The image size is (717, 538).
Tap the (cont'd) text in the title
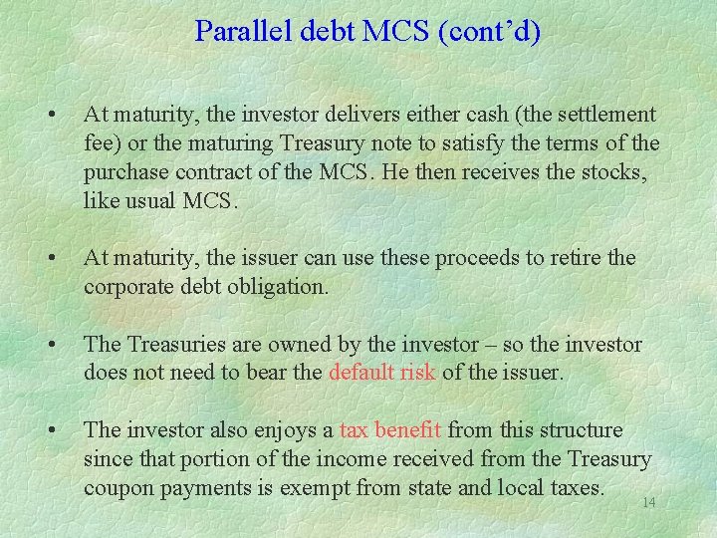(487, 32)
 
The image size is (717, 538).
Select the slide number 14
(648, 503)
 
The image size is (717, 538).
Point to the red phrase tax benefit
(390, 430)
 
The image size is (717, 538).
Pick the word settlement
(601, 115)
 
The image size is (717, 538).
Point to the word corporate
(127, 287)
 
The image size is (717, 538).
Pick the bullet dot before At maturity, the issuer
(50, 259)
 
